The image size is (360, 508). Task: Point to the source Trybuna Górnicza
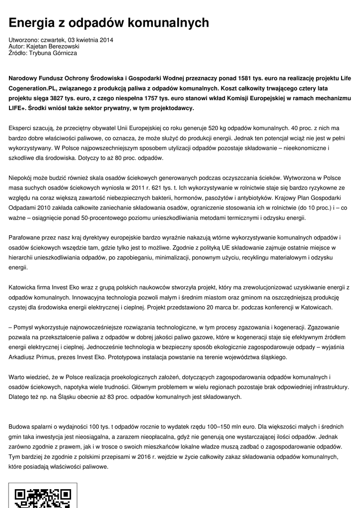[x=53, y=53]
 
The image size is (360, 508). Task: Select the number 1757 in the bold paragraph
[x=151, y=98]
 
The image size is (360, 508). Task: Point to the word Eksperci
[x=22, y=128]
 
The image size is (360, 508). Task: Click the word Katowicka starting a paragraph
[x=24, y=287]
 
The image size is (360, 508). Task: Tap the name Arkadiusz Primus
[x=34, y=357]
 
